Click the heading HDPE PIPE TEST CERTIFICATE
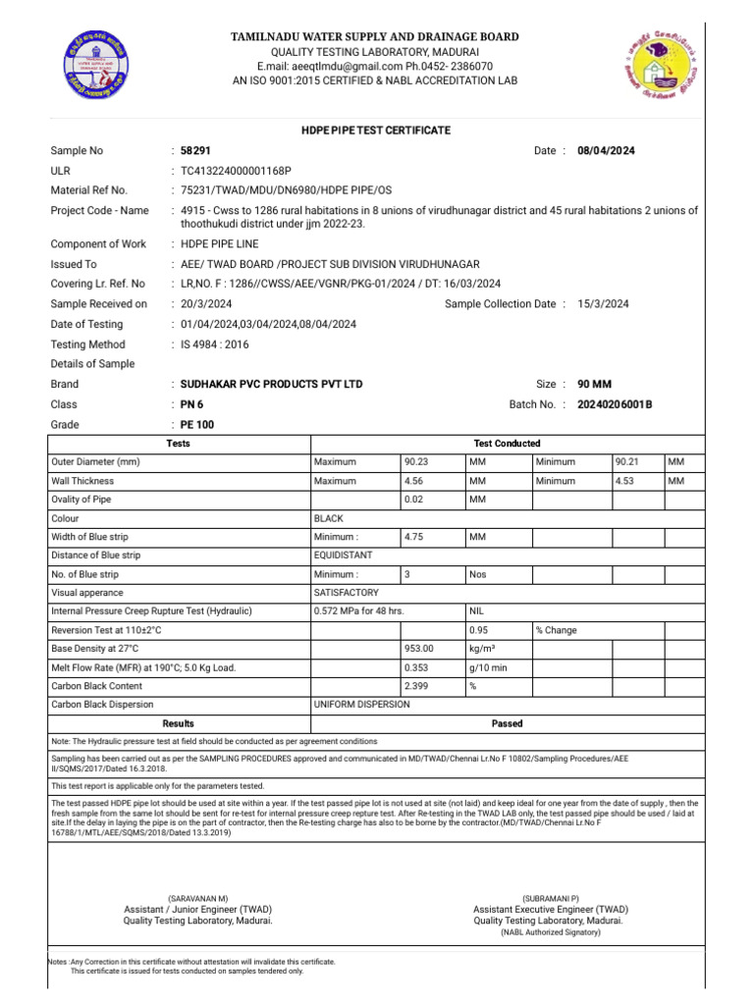click(x=376, y=131)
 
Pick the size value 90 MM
click(x=596, y=385)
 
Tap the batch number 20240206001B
click(x=615, y=404)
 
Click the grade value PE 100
click(x=196, y=425)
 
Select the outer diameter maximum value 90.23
click(x=417, y=462)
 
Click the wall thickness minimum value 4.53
click(x=627, y=481)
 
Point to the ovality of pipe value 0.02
click(x=417, y=500)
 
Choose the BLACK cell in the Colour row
click(x=328, y=518)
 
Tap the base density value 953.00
click(x=419, y=649)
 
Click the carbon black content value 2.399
click(x=417, y=686)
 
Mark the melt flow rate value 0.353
click(x=417, y=667)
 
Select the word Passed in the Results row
click(x=507, y=723)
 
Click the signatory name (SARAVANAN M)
click(x=197, y=899)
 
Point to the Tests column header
click(x=179, y=444)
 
